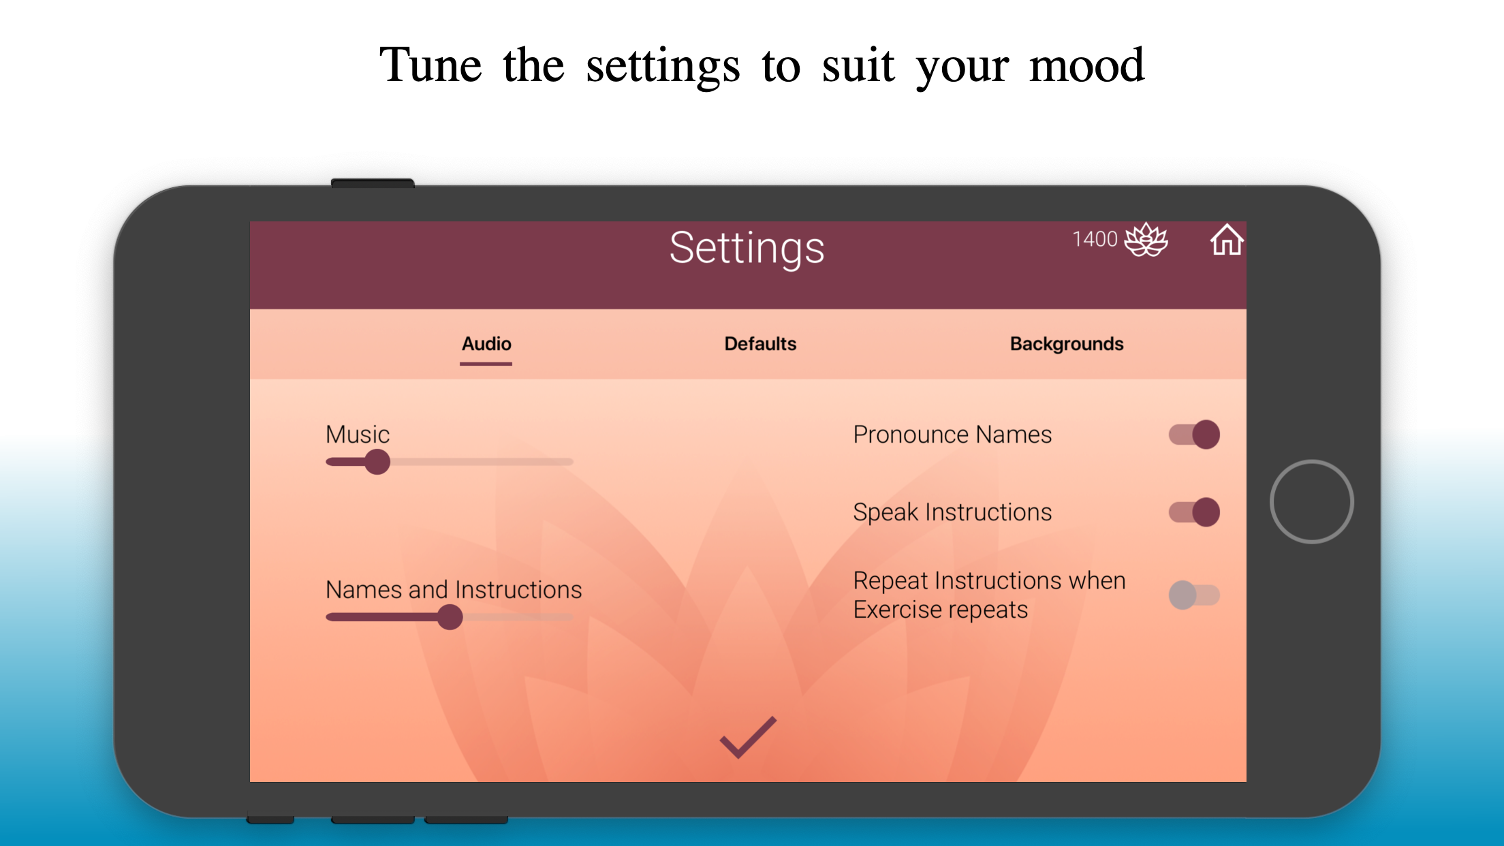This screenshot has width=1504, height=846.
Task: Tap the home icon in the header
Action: [x=1227, y=240]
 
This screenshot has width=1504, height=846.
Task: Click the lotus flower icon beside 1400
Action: [x=1146, y=240]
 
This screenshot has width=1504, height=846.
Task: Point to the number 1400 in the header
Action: [x=1095, y=239]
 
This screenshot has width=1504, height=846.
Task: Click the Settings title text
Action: [x=747, y=249]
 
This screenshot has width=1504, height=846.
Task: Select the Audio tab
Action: [x=486, y=344]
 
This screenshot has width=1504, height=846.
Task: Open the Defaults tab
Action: [x=760, y=344]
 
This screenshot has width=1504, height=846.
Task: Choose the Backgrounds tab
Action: [x=1067, y=344]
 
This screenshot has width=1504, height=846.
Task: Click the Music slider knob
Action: [x=377, y=462]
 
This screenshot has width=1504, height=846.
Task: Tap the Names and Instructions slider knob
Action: [x=450, y=617]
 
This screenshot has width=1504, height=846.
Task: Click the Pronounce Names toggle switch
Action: [x=1194, y=435]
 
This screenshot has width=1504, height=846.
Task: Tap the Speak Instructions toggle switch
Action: [x=1194, y=512]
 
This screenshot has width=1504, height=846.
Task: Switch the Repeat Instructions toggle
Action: [x=1194, y=595]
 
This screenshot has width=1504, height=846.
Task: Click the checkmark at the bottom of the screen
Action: [x=748, y=737]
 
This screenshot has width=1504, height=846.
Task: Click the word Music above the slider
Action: [x=358, y=435]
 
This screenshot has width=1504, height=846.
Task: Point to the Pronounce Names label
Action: [x=952, y=435]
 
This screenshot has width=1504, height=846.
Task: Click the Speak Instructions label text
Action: [x=952, y=512]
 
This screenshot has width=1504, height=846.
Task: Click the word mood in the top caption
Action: [x=1086, y=66]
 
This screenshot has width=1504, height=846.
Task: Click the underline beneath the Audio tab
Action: [x=486, y=364]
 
